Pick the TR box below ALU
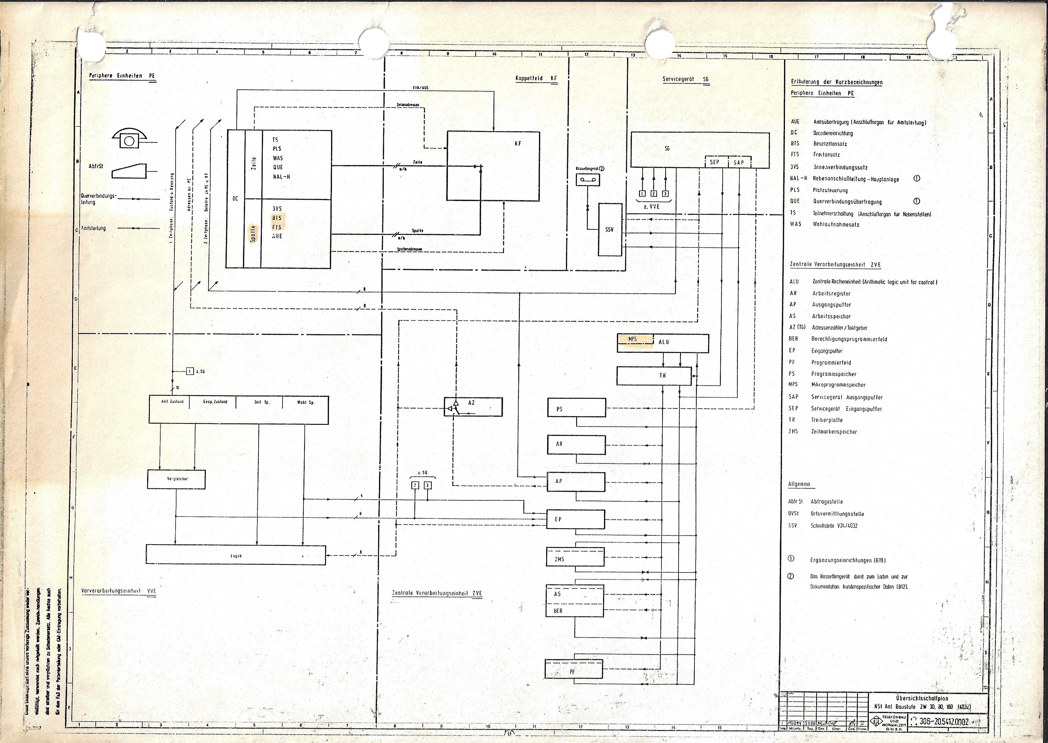click(654, 376)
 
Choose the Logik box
click(235, 555)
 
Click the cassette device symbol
click(587, 179)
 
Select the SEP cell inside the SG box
click(715, 162)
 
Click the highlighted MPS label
click(633, 339)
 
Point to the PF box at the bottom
click(573, 672)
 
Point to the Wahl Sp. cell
click(306, 402)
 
